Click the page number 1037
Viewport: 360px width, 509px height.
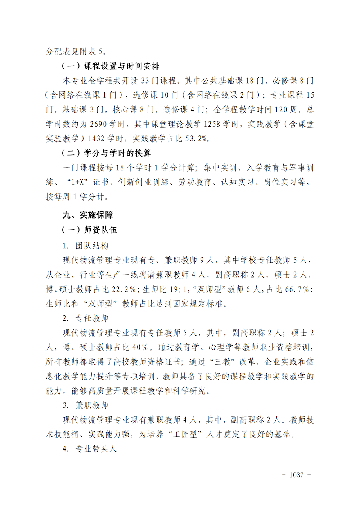tap(296, 475)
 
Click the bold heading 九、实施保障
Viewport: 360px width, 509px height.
tap(88, 215)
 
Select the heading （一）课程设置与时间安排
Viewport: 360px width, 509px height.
tap(111, 66)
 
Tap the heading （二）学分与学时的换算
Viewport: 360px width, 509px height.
tap(106, 153)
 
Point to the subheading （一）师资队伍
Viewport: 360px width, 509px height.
tap(89, 230)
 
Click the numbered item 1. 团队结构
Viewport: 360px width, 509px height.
tap(85, 246)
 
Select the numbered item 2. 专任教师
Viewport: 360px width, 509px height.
tap(85, 318)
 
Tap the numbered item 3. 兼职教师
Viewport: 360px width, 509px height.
tap(85, 405)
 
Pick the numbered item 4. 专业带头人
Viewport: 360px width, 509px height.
tap(90, 449)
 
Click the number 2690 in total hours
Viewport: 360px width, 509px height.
tap(98, 124)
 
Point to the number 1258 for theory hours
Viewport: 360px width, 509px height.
tap(212, 124)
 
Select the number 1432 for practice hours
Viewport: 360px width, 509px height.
tap(96, 139)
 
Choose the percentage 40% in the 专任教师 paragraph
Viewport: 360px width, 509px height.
tap(140, 347)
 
